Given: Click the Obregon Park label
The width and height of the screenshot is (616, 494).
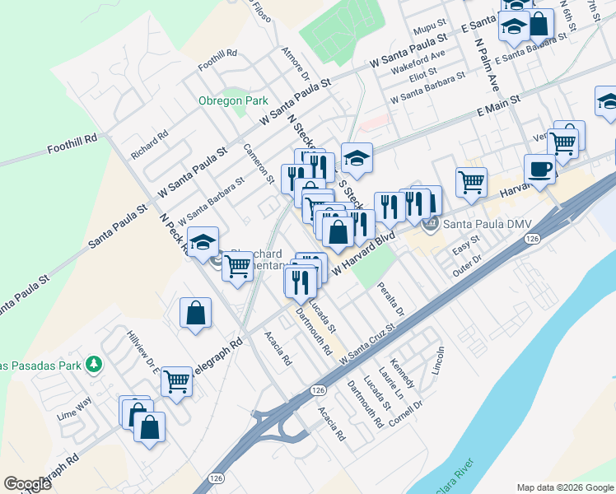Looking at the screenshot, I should click(233, 100).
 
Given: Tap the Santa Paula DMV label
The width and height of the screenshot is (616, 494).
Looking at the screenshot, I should click(479, 224).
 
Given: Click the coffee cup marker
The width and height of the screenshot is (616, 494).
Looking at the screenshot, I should click(539, 170).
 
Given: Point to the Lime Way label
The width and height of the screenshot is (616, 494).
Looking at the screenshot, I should click(73, 407).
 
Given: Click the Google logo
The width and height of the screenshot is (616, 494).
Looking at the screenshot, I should click(27, 483).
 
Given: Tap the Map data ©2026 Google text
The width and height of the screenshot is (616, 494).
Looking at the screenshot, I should click(564, 487).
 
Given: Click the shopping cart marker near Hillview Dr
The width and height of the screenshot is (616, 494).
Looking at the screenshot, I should click(177, 381).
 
